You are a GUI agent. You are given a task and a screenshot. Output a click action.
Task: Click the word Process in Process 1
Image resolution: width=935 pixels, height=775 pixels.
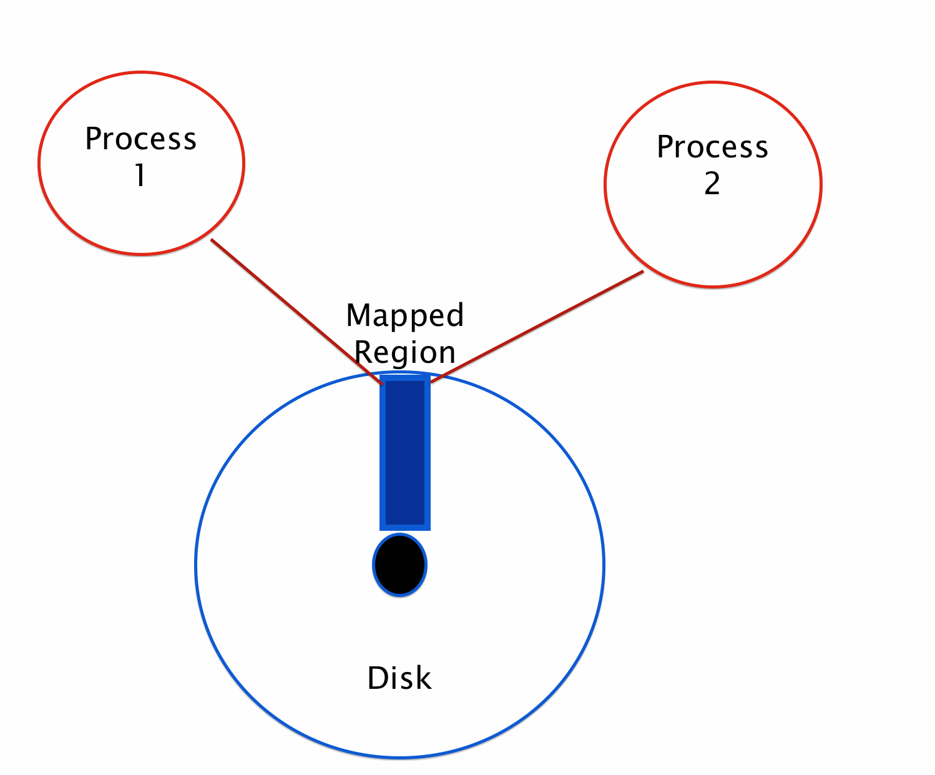[141, 139]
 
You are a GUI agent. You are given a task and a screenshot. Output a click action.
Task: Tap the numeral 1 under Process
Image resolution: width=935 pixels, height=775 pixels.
[140, 175]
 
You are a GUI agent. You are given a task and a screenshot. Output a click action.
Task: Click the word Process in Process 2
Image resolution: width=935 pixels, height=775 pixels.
[712, 147]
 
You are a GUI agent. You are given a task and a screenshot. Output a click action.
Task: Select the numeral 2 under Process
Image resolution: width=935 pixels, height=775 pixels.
[712, 183]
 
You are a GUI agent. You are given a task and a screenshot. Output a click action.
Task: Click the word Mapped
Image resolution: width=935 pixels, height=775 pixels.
[405, 317]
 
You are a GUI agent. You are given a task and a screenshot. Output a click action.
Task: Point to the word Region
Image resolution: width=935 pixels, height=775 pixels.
[405, 353]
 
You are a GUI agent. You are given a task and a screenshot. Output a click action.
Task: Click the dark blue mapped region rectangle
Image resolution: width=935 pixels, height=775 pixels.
[405, 453]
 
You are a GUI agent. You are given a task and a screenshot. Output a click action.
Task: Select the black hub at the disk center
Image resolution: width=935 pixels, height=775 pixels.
[399, 565]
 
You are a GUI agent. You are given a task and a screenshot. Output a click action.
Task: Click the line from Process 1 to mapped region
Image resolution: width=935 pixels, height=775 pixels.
[297, 312]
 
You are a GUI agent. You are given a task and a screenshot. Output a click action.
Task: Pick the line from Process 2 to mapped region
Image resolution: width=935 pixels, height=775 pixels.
[537, 327]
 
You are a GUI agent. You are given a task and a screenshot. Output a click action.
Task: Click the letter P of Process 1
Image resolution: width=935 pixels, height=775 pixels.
[93, 139]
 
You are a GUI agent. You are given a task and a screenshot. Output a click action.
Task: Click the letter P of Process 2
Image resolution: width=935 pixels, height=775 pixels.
[665, 147]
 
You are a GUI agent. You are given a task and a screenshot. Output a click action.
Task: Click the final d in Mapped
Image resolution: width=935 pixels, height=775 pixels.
[456, 315]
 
